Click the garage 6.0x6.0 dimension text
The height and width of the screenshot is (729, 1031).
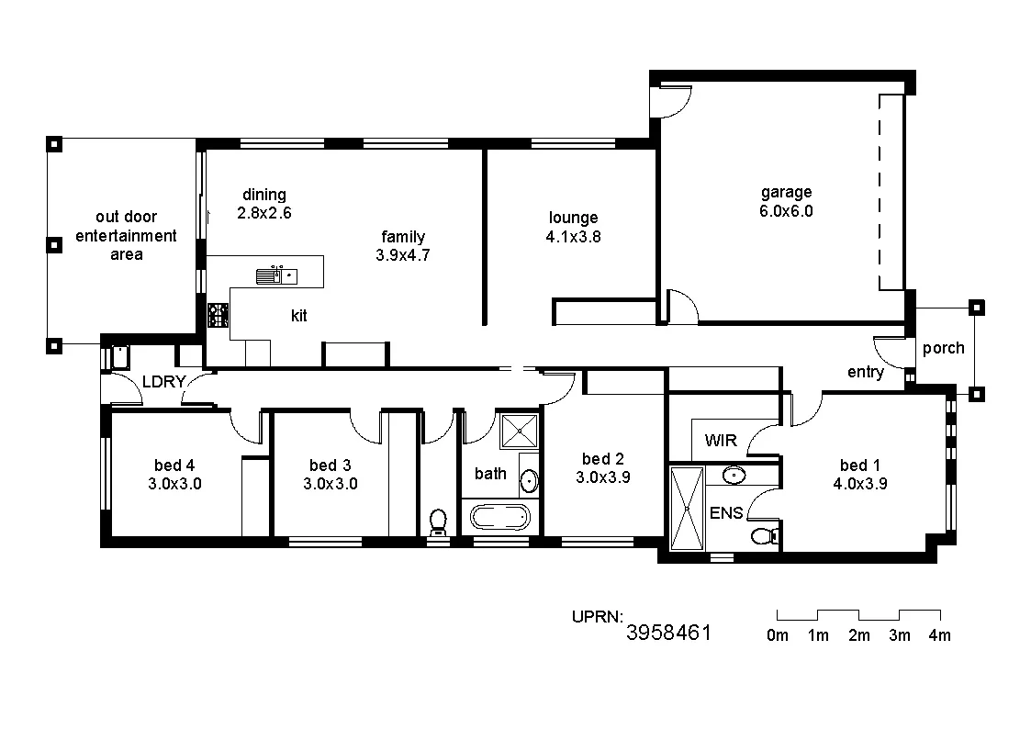pos(786,210)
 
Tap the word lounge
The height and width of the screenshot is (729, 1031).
pos(573,218)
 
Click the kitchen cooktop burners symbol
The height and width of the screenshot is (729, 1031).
pos(218,316)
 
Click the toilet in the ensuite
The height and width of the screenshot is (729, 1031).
pos(763,535)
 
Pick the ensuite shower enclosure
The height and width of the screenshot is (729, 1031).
pos(686,510)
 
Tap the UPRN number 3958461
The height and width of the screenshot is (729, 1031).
pos(669,633)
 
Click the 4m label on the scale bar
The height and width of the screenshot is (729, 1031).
pos(939,635)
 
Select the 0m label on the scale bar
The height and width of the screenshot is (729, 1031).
pos(778,635)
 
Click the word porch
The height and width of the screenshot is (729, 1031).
pos(943,348)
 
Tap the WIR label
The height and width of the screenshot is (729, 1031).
pos(721,441)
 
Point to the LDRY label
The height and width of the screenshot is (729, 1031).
pos(164,382)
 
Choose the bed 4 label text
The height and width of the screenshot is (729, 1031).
pos(174,465)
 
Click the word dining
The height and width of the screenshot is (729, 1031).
pos(264,195)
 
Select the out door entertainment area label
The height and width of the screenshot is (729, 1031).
pos(126,236)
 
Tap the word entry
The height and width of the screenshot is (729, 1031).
pos(865,372)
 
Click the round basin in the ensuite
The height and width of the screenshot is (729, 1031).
pos(734,475)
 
